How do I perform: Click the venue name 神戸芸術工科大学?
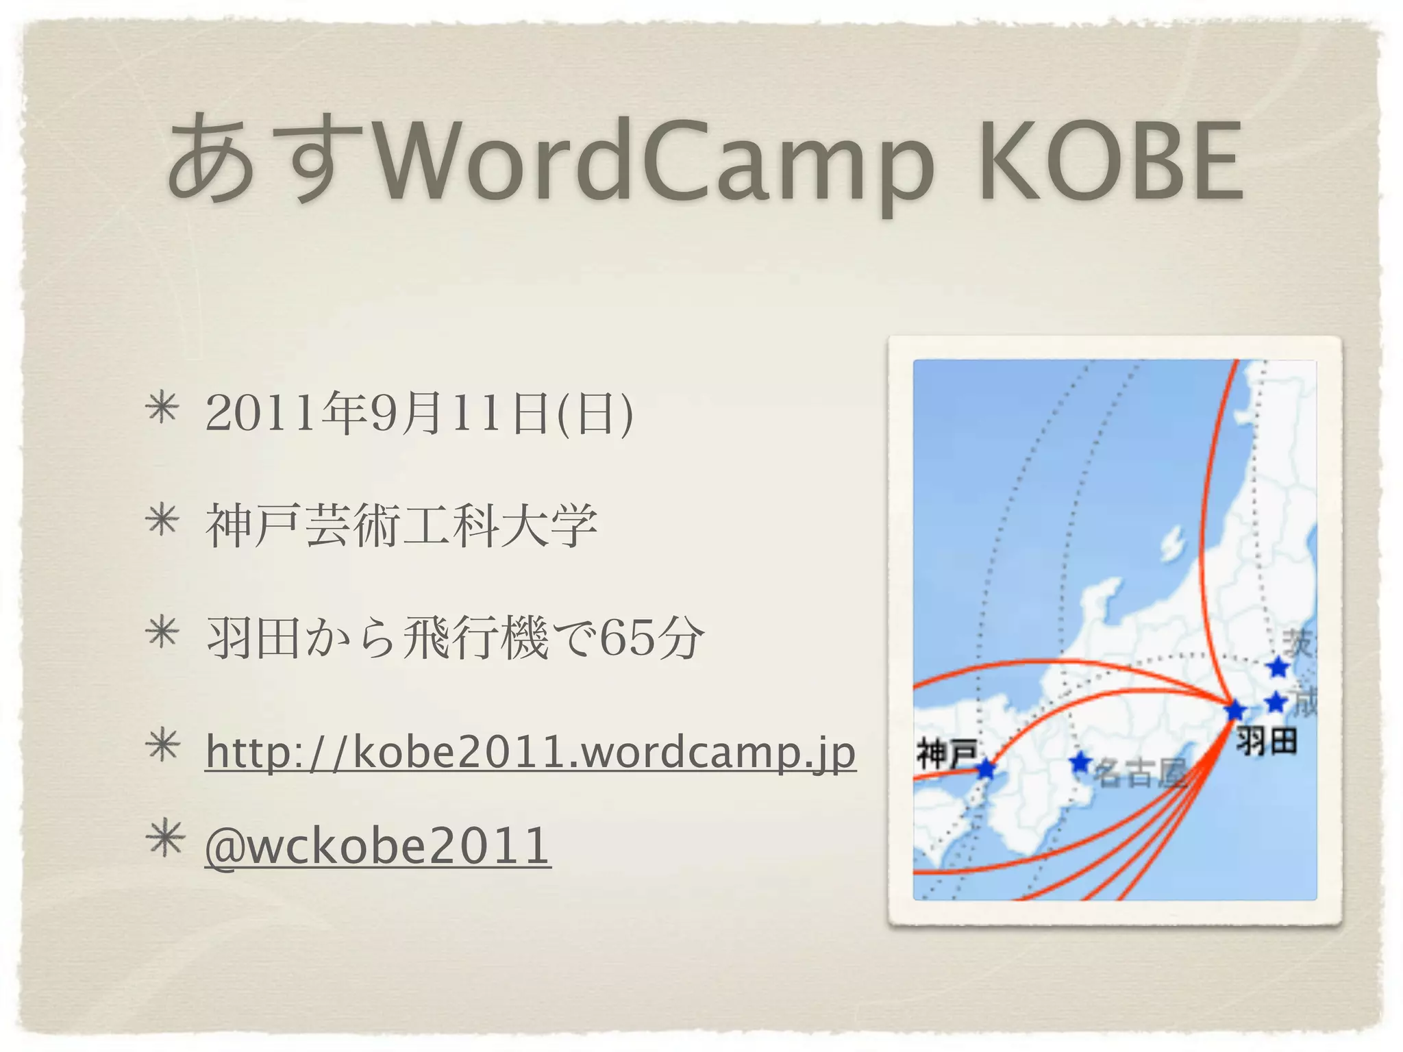(x=401, y=526)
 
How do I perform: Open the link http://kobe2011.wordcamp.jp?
(x=530, y=752)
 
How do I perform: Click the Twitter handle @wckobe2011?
(x=377, y=845)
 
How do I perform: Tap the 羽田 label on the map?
(x=1267, y=741)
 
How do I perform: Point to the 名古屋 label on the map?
(x=1139, y=774)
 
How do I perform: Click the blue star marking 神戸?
(x=986, y=768)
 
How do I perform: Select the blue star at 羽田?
(x=1235, y=710)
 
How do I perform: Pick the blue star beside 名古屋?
(x=1080, y=761)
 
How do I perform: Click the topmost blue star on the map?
(x=1278, y=666)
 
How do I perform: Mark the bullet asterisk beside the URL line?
(x=162, y=747)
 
